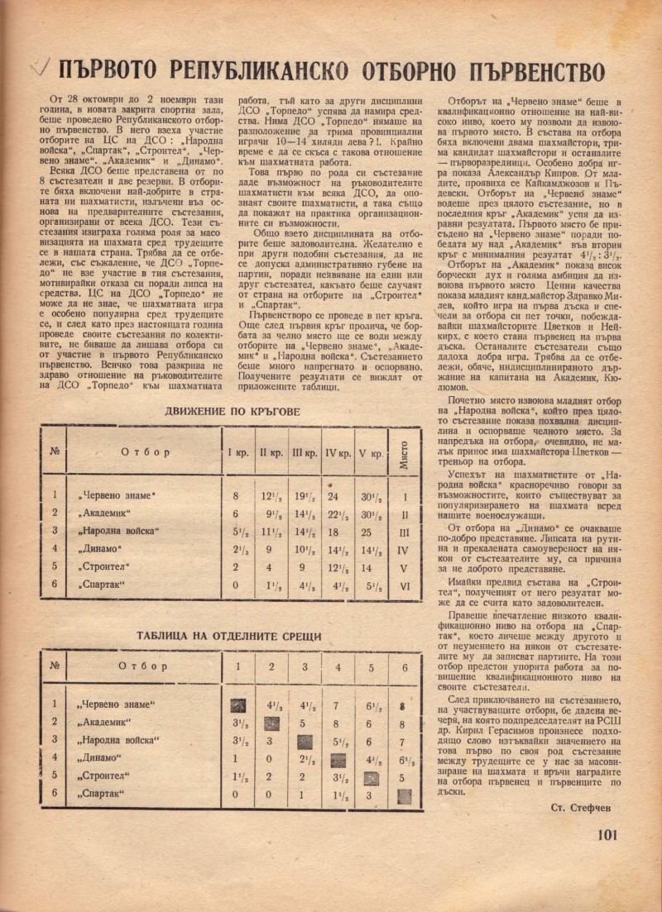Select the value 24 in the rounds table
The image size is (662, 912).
pos(333,496)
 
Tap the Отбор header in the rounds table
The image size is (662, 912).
pos(146,453)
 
